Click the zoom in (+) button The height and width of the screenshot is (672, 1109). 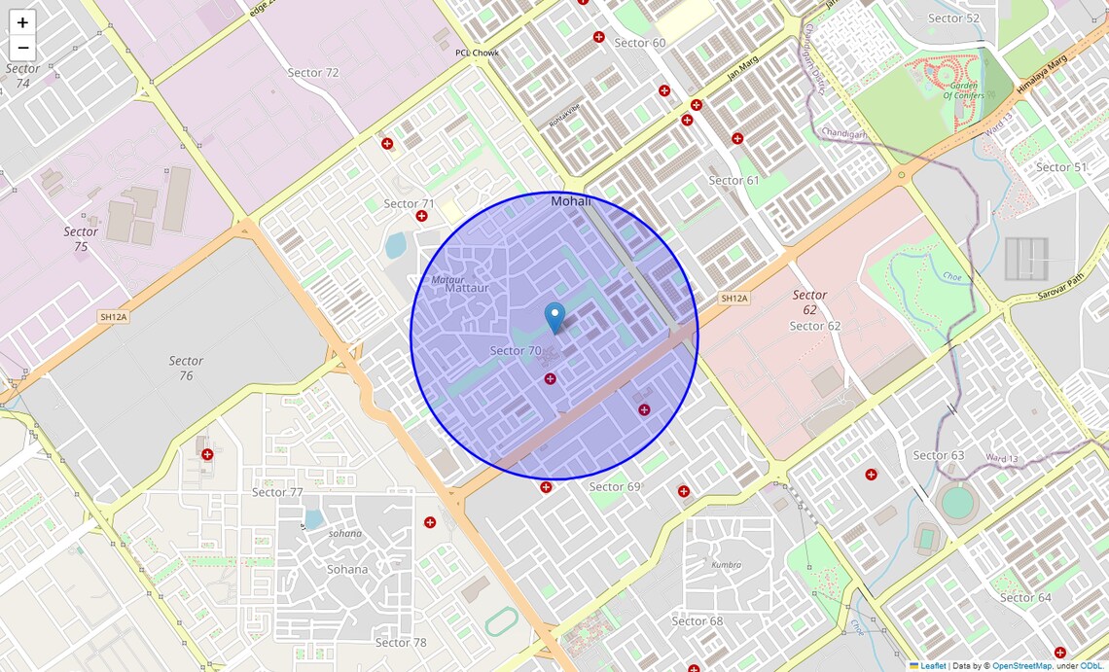22,22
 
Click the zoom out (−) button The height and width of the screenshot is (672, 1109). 22,48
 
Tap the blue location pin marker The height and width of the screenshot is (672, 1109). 554,318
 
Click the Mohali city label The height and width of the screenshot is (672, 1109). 571,201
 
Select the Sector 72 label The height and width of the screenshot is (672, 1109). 313,73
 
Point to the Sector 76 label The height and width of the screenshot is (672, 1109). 186,368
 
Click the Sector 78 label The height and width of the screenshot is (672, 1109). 401,642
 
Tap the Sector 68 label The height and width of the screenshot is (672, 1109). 697,620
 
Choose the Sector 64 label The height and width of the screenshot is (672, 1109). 1025,597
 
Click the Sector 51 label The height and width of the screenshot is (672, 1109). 1060,167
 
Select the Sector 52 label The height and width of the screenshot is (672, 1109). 953,18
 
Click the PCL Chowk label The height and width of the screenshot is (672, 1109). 477,53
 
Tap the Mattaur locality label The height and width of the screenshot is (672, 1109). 466,288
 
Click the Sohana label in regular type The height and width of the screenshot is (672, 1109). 347,569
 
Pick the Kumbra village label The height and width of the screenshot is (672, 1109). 726,564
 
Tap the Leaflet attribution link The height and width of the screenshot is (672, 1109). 933,666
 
